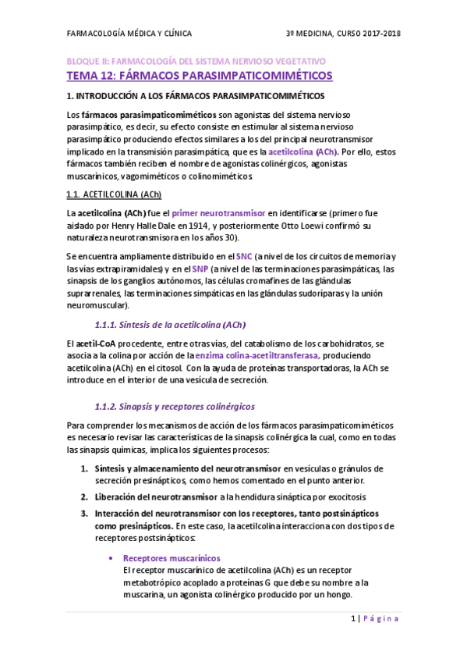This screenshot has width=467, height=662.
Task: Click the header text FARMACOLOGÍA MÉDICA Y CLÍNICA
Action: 129,34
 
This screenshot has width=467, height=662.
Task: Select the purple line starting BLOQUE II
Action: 196,61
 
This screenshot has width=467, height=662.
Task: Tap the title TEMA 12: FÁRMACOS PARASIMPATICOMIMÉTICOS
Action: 199,76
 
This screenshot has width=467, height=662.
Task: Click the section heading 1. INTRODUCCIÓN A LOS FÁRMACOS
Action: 195,97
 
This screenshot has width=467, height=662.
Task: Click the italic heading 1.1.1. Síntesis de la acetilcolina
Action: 171,325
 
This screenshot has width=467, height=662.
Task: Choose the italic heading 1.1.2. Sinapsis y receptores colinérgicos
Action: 174,407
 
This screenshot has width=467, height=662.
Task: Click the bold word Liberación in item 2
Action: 119,497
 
